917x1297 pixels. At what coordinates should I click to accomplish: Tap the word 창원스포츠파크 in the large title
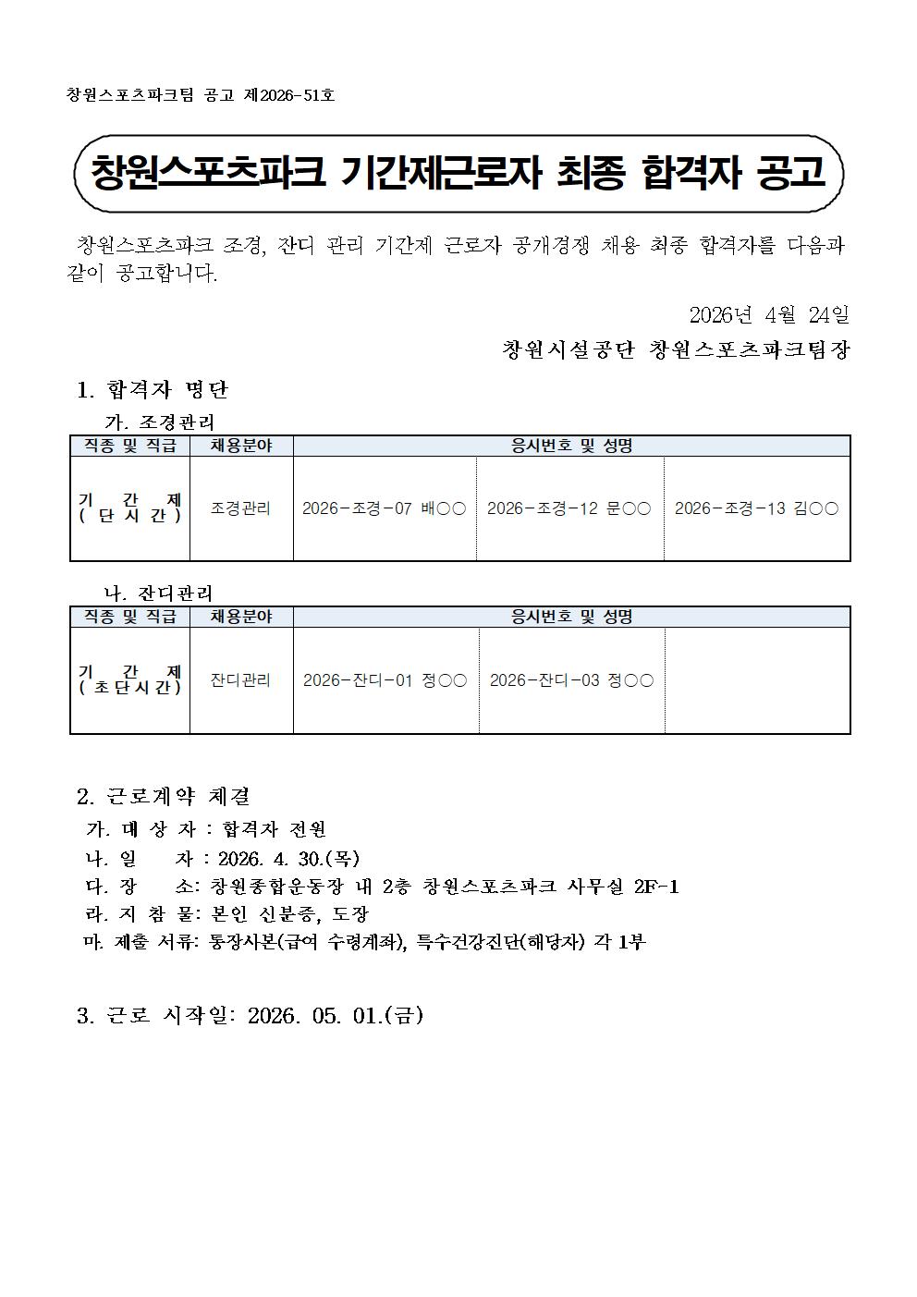pos(208,173)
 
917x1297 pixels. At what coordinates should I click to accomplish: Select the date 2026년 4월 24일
pos(769,315)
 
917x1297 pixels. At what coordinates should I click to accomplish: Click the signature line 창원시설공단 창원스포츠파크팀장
pos(675,350)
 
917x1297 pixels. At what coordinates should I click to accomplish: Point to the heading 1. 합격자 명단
pos(153,389)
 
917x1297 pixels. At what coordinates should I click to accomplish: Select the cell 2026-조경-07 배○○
pos(384,508)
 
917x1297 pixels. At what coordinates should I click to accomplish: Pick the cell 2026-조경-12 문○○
pos(569,508)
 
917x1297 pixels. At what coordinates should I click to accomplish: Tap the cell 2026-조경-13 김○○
pos(756,508)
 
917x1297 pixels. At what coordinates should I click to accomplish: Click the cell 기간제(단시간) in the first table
pos(130,508)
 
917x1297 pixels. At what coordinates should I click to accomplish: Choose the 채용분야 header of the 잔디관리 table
pos(241,617)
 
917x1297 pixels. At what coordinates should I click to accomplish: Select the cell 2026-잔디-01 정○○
pos(385,680)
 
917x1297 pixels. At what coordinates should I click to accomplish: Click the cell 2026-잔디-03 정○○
pos(571,680)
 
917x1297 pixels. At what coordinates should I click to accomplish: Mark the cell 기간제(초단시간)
pos(130,680)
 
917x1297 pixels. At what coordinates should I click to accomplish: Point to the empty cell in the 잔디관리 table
pos(757,680)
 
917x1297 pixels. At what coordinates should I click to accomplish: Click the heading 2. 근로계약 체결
pos(164,796)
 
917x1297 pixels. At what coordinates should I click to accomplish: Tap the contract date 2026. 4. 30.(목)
pos(288,858)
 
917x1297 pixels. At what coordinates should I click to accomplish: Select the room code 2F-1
pos(656,887)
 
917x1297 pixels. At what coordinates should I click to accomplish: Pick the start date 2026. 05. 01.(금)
pos(336,1016)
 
